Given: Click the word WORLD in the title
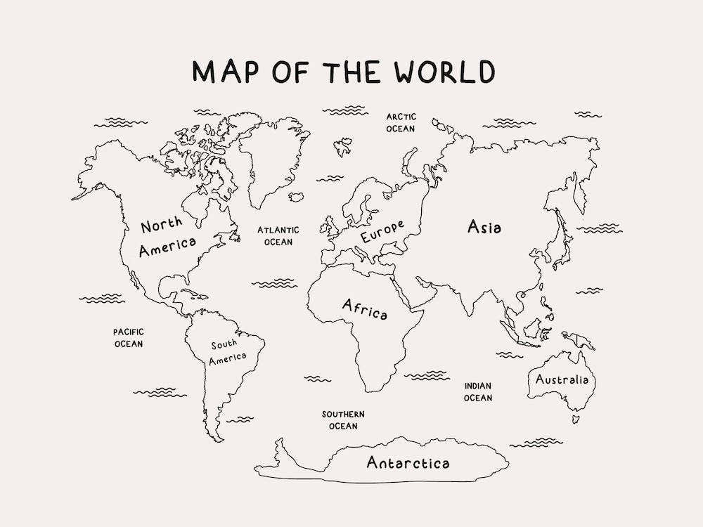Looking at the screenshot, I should [444, 72].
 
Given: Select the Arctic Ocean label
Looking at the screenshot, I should [401, 122].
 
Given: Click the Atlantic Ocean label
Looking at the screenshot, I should [278, 235].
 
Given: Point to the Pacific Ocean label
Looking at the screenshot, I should [129, 337].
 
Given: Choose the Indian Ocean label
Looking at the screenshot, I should [478, 391].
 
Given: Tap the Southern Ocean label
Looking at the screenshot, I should [343, 419].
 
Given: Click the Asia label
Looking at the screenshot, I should [484, 227].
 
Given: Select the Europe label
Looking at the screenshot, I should [382, 231].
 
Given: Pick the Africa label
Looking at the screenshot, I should [364, 309].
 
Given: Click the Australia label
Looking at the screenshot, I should [562, 380].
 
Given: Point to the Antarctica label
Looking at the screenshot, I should [408, 463].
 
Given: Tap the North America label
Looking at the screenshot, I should [167, 236].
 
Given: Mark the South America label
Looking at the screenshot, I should [228, 351].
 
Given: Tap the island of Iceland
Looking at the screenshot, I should [296, 197].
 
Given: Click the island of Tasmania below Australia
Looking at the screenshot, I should [575, 419].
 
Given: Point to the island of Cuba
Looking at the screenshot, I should [192, 292].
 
